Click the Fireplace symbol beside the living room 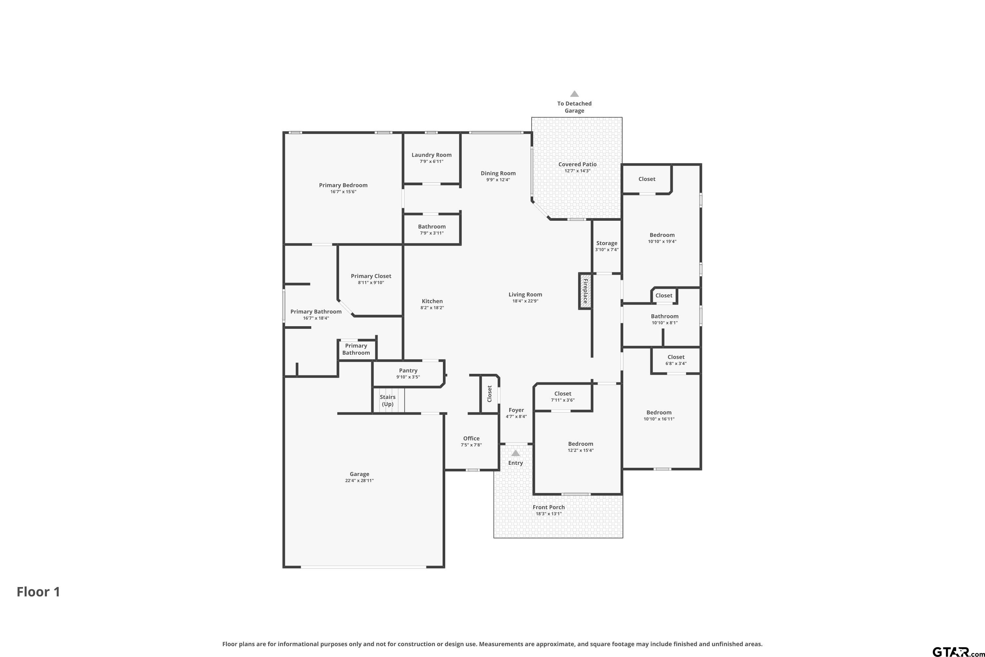click(585, 291)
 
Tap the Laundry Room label click(431, 155)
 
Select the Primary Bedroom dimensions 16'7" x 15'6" click(343, 192)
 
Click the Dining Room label click(498, 173)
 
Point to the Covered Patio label click(577, 164)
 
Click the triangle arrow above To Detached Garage click(574, 94)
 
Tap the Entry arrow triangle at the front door click(515, 453)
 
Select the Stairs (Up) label click(387, 400)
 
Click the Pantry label click(408, 371)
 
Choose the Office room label click(471, 438)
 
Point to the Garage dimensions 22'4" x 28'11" click(359, 481)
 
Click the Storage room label click(606, 243)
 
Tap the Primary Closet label click(371, 276)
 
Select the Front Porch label click(549, 507)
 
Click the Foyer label click(516, 410)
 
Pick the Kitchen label click(432, 301)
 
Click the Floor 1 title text click(38, 592)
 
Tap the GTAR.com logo click(958, 651)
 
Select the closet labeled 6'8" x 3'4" click(675, 360)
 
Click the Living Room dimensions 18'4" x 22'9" click(525, 301)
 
